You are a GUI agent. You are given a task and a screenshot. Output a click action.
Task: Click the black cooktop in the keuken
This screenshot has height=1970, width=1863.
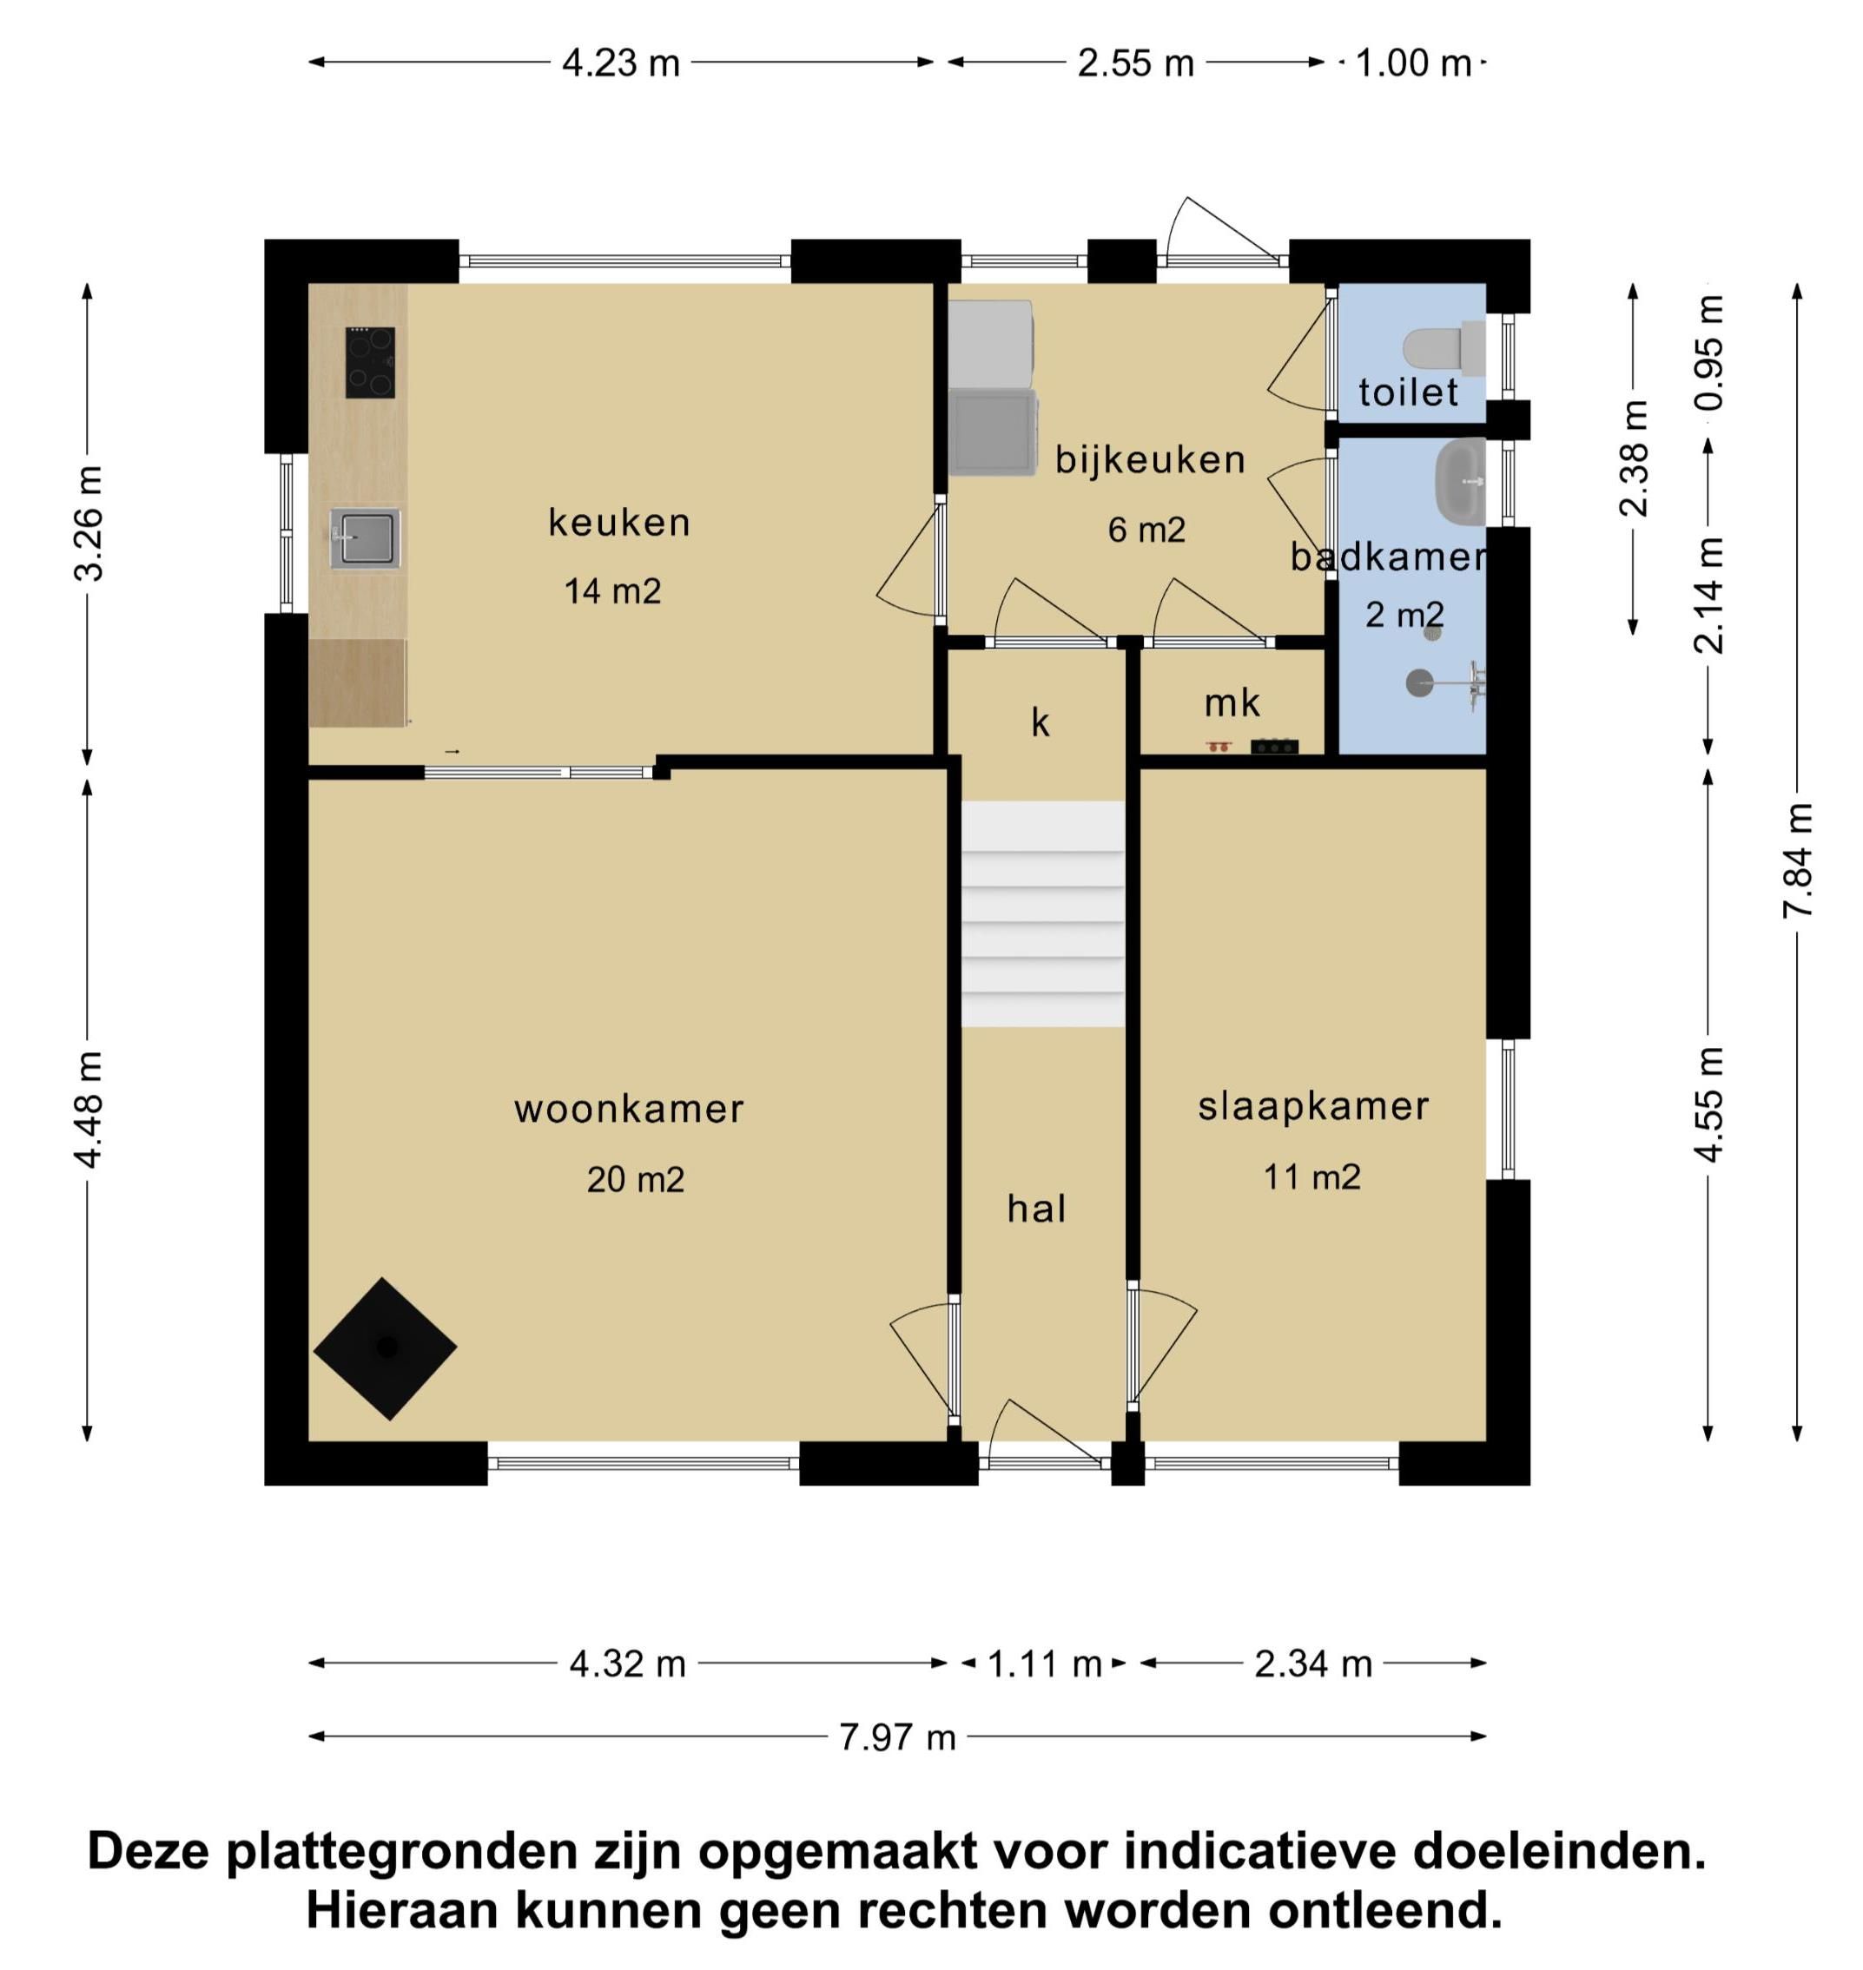pyautogui.click(x=369, y=362)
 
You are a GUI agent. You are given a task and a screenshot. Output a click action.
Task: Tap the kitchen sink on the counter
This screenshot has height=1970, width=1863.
pyautogui.click(x=365, y=538)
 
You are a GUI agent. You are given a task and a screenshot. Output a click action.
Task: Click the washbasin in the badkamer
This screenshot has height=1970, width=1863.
pyautogui.click(x=1460, y=483)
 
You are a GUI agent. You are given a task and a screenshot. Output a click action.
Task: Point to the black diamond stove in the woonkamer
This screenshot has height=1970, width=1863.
pyautogui.click(x=386, y=1348)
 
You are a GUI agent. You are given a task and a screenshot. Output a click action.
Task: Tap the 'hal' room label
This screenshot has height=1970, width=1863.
pyautogui.click(x=1037, y=1209)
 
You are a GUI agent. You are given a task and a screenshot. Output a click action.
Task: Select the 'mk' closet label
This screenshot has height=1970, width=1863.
pyautogui.click(x=1232, y=704)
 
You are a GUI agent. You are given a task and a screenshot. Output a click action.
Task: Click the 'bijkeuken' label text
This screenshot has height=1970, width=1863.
pyautogui.click(x=1150, y=460)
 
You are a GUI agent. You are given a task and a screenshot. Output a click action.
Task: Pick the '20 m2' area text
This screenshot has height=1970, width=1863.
pyautogui.click(x=636, y=1180)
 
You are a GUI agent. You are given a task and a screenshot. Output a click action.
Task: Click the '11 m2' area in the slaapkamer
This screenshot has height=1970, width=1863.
pyautogui.click(x=1311, y=1177)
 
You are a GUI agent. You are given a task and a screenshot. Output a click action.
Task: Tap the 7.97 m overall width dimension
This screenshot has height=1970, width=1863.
pyautogui.click(x=898, y=1737)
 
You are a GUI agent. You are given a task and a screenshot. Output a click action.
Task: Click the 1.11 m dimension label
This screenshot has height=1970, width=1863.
pyautogui.click(x=1045, y=1664)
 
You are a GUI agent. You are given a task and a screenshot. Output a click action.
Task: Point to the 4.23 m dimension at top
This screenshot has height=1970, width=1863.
pyautogui.click(x=621, y=63)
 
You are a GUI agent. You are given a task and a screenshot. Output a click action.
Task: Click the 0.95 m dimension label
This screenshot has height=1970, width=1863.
pyautogui.click(x=1710, y=352)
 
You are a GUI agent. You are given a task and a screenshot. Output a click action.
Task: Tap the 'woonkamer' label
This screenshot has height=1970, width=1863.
pyautogui.click(x=629, y=1109)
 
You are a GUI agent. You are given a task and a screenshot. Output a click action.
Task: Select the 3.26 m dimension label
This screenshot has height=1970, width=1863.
pyautogui.click(x=89, y=524)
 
